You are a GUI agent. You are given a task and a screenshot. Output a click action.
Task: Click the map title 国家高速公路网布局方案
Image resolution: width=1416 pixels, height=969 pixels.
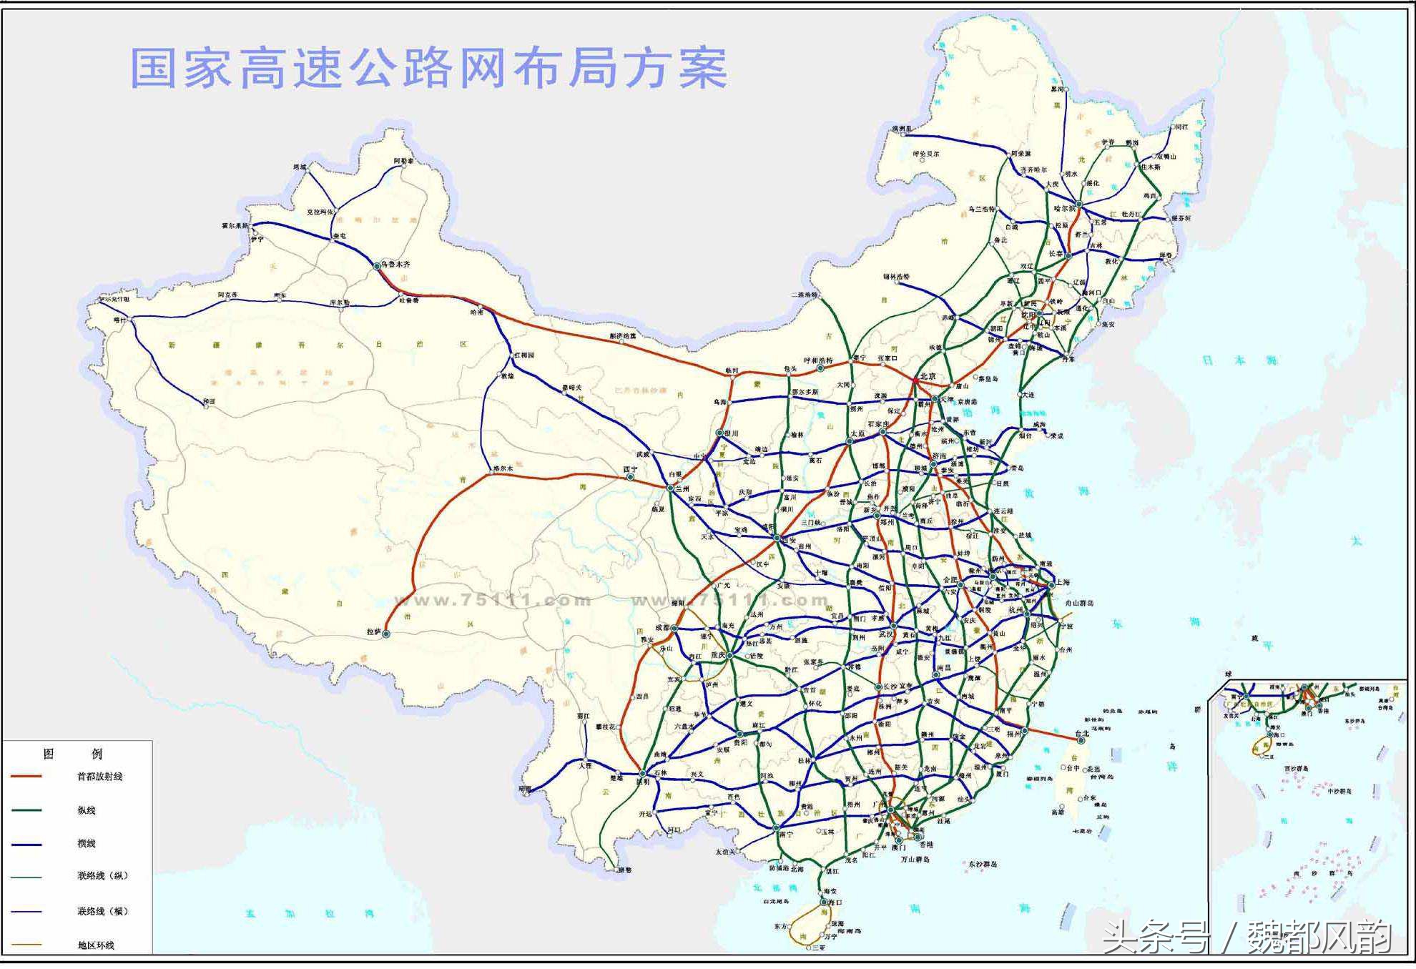click(428, 69)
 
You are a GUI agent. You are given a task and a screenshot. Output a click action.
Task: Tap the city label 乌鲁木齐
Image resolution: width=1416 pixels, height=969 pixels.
click(395, 264)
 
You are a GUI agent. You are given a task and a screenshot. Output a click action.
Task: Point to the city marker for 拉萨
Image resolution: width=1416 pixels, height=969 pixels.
click(386, 634)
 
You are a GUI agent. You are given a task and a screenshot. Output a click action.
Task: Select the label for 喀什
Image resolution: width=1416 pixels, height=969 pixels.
click(119, 320)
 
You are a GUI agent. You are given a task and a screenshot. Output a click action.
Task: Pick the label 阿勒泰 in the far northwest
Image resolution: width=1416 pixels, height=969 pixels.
click(403, 162)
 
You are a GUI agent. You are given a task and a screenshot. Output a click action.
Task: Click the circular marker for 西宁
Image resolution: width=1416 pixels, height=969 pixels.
click(630, 477)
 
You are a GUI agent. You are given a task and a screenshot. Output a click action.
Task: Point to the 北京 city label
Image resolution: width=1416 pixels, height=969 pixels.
click(928, 376)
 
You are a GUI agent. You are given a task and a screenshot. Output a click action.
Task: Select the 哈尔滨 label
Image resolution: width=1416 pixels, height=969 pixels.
click(1064, 209)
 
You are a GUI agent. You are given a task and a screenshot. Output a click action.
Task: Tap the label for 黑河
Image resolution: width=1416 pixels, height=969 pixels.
click(1057, 89)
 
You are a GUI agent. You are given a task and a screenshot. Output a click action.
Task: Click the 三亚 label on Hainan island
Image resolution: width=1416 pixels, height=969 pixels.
click(818, 948)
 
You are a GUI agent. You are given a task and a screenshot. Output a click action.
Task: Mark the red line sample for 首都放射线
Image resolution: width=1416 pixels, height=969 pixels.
click(26, 777)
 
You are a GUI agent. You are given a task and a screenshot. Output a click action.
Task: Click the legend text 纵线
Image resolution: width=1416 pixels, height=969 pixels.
click(87, 810)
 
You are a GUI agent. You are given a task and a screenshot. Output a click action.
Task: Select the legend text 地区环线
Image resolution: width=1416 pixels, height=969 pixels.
click(96, 945)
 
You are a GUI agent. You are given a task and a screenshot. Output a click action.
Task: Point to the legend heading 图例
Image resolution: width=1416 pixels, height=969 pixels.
click(72, 754)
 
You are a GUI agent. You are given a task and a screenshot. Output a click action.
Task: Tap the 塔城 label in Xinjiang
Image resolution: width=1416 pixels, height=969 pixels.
click(300, 167)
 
